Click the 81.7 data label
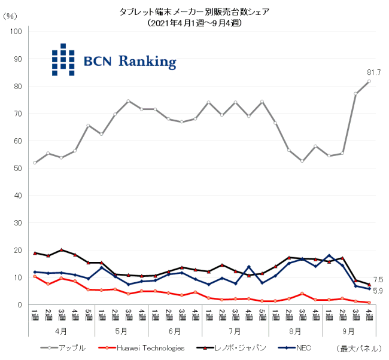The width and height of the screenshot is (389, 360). pyautogui.click(x=373, y=72)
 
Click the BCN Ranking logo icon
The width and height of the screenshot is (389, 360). pyautogui.click(x=63, y=60)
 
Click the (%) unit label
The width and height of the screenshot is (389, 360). pyautogui.click(x=10, y=16)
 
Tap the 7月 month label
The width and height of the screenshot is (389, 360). pyautogui.click(x=235, y=330)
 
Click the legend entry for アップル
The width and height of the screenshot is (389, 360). pyautogui.click(x=72, y=347)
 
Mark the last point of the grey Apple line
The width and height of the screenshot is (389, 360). pyautogui.click(x=369, y=81)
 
